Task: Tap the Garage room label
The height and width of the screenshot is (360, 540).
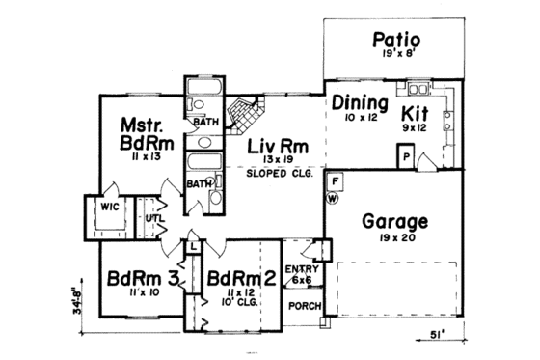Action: point(394,220)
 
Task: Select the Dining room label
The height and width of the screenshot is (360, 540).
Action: point(360,102)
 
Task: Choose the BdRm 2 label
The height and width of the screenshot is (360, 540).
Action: point(243,277)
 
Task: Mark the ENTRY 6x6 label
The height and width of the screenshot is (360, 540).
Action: point(300,274)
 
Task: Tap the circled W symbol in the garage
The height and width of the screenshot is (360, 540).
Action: point(334,199)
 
